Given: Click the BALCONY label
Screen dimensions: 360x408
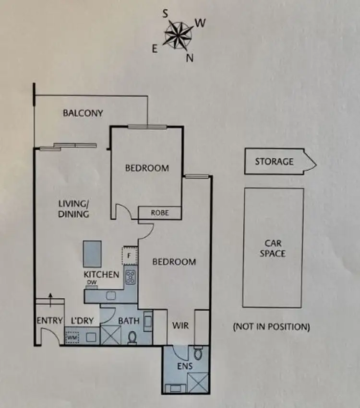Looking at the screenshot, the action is point(83,113).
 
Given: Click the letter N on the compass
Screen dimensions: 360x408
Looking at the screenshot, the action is point(189,58).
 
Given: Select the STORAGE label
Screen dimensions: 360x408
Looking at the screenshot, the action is point(274,161).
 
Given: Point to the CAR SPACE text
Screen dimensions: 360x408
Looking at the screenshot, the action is point(273,248).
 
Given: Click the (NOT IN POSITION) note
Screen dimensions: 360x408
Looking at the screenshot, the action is point(271,327).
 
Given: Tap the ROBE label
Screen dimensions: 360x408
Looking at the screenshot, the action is point(160,212).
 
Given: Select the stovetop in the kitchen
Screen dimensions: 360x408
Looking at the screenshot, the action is point(131,277).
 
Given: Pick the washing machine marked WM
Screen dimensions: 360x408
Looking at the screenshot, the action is point(72,337).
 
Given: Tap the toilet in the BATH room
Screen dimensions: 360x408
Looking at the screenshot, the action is point(132,337).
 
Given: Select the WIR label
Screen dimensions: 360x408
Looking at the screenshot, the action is point(180,326).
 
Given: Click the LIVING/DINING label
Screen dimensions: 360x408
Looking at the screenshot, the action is point(73,209).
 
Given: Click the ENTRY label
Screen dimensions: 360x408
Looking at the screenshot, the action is point(49,321).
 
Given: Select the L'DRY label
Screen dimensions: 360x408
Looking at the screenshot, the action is point(82,320).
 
